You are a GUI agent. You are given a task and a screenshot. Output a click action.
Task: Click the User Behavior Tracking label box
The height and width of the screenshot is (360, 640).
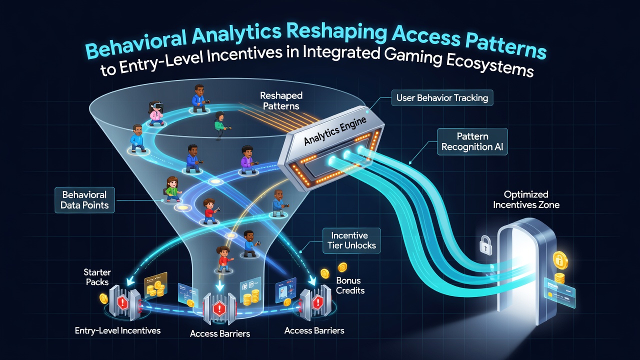click(442, 98)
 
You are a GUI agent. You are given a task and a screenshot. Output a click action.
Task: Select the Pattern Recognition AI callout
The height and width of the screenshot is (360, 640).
click(472, 141)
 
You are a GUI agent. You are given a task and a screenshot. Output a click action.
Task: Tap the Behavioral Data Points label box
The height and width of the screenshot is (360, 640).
click(84, 200)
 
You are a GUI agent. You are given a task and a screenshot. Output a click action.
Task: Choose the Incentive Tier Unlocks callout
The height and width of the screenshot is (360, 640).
click(351, 240)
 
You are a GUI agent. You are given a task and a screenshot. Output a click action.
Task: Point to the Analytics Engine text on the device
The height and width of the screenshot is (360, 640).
click(334, 131)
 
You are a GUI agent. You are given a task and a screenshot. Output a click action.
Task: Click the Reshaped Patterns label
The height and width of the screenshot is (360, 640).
click(281, 101)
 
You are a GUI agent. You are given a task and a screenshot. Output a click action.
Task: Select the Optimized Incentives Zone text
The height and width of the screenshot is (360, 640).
click(526, 199)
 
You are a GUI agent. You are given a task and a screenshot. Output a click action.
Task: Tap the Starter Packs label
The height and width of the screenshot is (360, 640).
click(97, 277)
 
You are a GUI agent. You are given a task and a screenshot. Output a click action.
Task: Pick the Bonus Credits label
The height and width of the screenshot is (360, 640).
click(350, 285)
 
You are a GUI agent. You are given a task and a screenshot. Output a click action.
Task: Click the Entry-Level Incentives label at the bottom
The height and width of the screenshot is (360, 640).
click(117, 330)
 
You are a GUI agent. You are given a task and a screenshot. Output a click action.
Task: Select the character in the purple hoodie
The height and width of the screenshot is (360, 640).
click(246, 159)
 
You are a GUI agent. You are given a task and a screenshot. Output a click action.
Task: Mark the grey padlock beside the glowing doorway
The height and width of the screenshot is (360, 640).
click(485, 245)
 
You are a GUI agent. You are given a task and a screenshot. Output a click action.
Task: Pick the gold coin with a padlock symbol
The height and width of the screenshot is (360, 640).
click(560, 260)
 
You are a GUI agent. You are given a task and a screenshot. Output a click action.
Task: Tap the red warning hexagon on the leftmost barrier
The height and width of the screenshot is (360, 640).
click(123, 301)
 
